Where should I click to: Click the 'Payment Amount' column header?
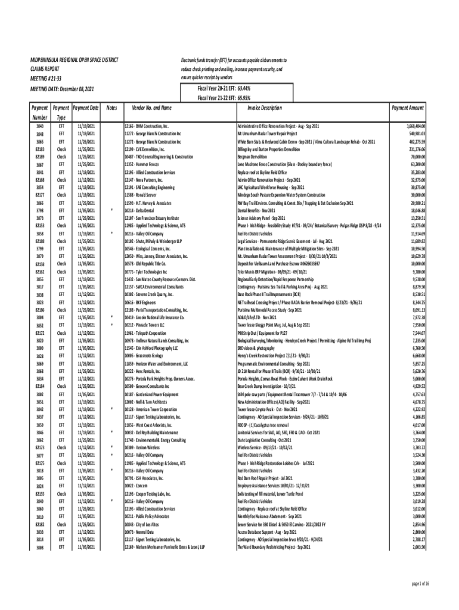pos(408,108)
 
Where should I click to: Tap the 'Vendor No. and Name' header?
pos(148,108)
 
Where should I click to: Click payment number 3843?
pos(40,127)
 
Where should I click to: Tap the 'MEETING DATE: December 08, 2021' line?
pos(62,89)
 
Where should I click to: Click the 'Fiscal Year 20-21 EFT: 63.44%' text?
pos(224,89)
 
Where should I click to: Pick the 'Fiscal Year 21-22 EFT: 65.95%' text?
pos(224,98)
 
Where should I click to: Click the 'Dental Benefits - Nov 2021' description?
pos(257,211)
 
